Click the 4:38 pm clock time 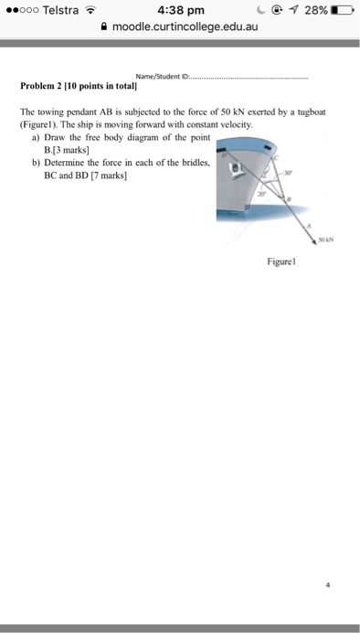tap(178, 12)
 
